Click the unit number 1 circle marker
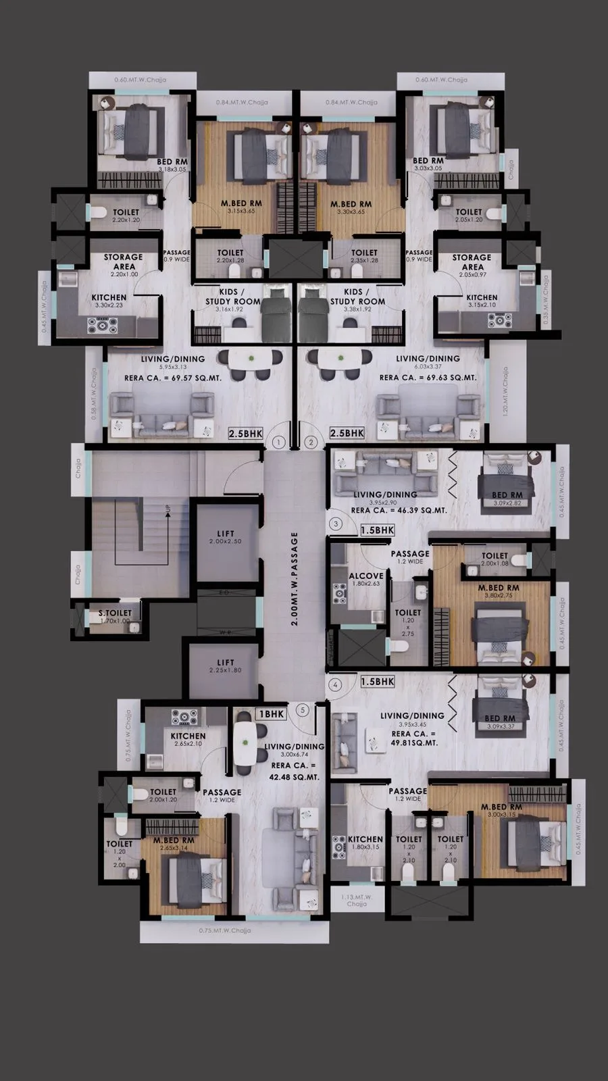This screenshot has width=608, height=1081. click(278, 443)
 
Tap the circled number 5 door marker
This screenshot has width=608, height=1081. click(303, 710)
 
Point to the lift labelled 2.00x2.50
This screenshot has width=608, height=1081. click(226, 537)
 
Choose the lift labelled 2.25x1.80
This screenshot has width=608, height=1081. click(226, 666)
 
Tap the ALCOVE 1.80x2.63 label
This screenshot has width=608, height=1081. click(366, 580)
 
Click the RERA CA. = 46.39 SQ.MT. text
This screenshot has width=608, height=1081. click(399, 510)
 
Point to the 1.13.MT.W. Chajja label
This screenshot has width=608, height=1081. click(357, 899)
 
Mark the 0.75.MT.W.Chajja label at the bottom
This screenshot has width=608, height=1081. click(225, 930)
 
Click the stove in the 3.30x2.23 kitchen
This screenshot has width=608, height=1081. click(102, 324)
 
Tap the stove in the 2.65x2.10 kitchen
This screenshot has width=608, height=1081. click(184, 716)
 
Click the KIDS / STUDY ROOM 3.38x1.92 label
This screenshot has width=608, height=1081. click(357, 301)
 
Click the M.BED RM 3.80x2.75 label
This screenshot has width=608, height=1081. click(499, 592)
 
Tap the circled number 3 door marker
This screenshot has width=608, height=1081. click(336, 523)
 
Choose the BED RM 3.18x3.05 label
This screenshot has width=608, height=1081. click(172, 166)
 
